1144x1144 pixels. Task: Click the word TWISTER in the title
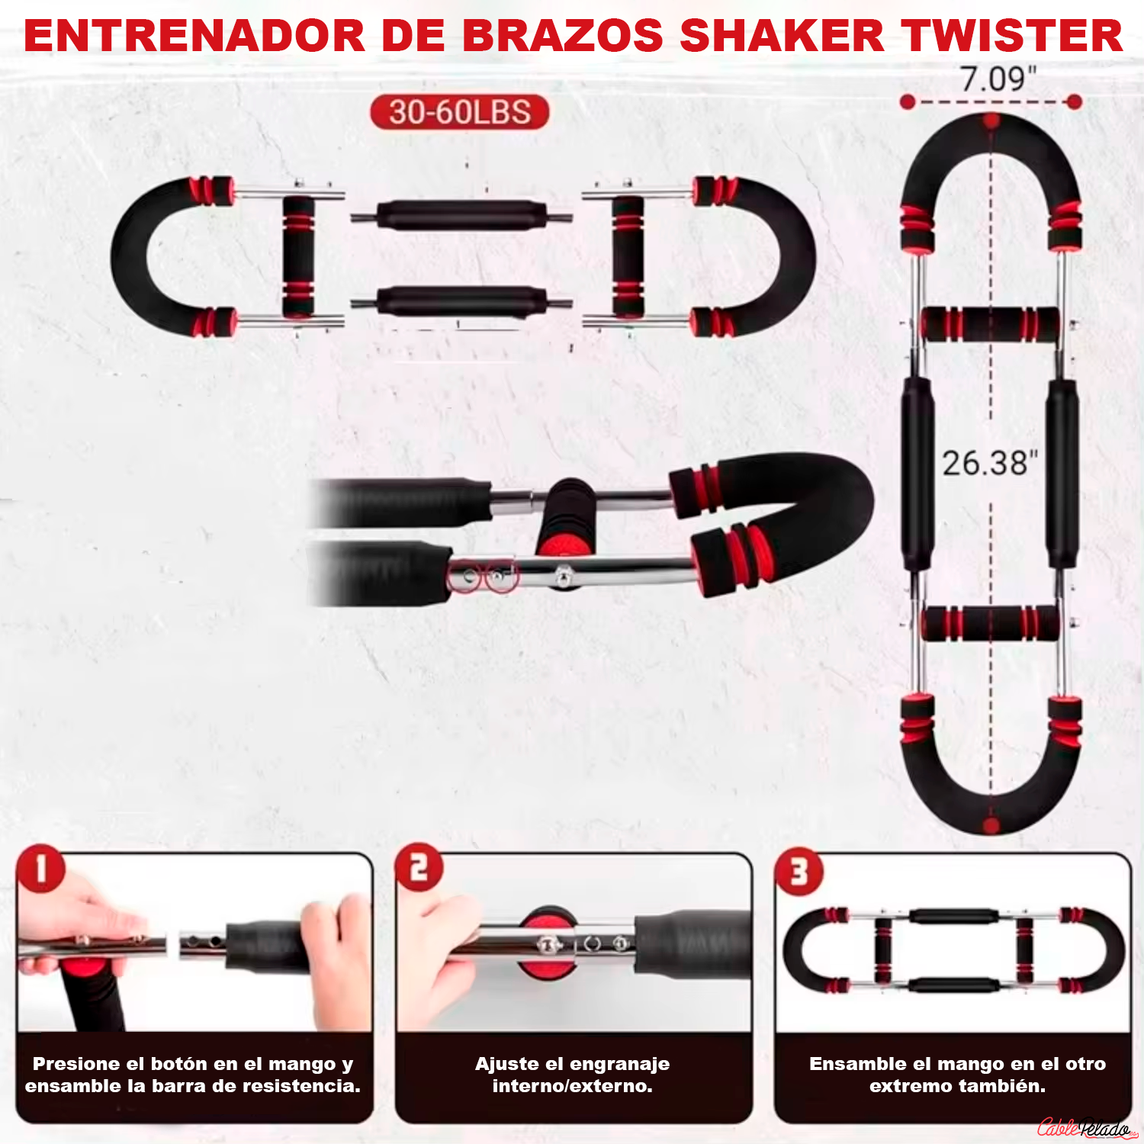1012,36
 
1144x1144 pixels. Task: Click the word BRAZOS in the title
563,36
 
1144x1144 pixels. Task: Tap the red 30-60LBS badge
460,112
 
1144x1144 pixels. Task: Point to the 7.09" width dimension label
998,79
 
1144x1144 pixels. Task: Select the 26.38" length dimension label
990,463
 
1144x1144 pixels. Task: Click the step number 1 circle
40,869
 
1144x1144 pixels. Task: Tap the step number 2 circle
419,867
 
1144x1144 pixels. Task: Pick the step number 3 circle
799,872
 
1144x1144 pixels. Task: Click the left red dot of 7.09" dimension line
908,102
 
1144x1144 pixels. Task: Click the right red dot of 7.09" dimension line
1074,102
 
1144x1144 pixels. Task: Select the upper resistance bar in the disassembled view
461,217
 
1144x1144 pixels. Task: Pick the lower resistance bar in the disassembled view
461,302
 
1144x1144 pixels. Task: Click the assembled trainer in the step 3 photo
953,950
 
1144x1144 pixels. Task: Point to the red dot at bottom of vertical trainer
991,825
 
